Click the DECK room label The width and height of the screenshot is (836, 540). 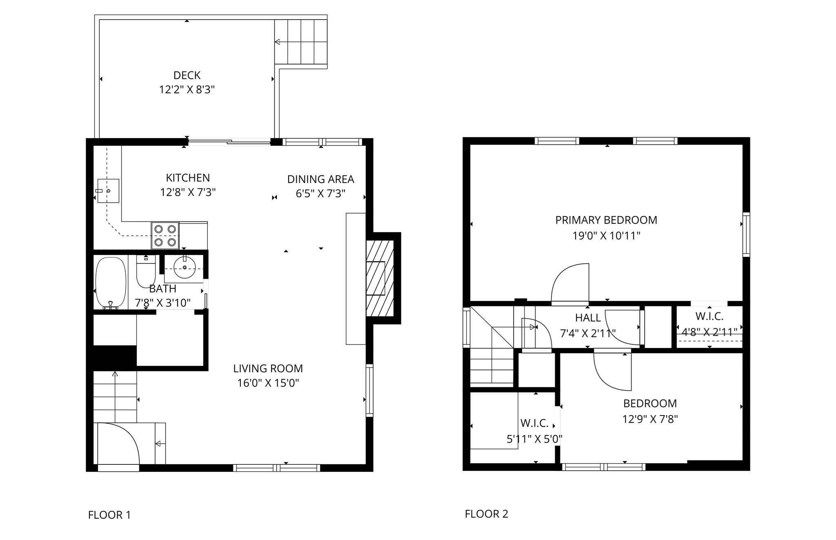coord(187,75)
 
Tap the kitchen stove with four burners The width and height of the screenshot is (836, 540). coord(165,235)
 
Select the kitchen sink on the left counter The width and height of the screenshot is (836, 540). coord(108,191)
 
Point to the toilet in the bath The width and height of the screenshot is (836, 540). coord(145,272)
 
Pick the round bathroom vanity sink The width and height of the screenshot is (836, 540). coord(185,268)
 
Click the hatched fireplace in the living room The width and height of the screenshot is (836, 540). coord(380,278)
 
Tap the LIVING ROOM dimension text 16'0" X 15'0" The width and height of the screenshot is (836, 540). coord(268,383)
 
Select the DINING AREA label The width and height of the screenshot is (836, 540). coord(320,179)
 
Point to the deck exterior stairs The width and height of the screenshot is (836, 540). coord(301,42)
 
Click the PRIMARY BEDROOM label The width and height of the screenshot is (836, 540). coord(606,220)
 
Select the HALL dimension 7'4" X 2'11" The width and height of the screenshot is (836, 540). coord(588,333)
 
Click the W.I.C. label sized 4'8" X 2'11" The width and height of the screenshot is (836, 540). coord(709,317)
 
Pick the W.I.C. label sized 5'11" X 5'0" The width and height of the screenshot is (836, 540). coord(534,423)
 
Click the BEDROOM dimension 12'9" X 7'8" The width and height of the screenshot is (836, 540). coord(650,420)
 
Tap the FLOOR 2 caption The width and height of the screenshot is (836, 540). coord(486,514)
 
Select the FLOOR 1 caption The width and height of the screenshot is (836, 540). coord(109,515)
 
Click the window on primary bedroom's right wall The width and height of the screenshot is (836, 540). coord(746,234)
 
